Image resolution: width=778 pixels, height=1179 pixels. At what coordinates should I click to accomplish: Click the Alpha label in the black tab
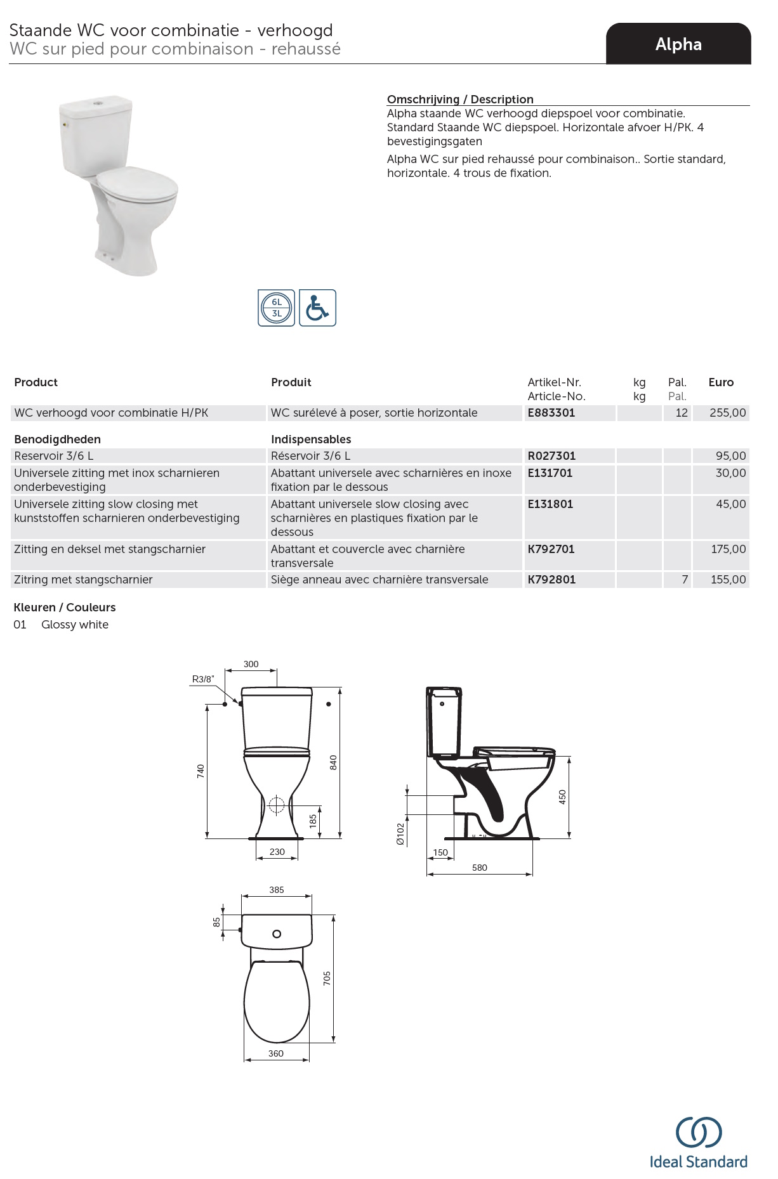pos(678,44)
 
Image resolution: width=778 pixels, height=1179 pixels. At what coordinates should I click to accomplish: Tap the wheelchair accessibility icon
pos(317,308)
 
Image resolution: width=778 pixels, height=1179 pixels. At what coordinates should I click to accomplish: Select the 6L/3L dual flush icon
pos(276,308)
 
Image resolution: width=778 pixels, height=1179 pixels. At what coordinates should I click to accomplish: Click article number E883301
pos(551,413)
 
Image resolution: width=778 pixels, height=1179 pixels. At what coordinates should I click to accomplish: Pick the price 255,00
pos(728,413)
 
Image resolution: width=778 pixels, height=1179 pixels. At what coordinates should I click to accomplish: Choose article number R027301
pos(551,456)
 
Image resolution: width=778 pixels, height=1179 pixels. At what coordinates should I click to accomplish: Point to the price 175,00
pos(729,549)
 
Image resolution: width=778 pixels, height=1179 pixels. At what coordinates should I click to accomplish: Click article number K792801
pos(551,580)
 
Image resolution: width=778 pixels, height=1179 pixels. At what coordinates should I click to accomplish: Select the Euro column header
pos(721,382)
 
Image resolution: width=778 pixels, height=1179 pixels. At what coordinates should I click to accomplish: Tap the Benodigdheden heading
pos(57,440)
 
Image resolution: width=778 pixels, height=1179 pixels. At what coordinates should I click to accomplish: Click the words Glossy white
pos(75,625)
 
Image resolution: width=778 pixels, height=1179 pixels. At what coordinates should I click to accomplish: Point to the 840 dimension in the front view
pos(333,762)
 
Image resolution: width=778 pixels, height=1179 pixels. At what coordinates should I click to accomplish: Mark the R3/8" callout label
pos(203,679)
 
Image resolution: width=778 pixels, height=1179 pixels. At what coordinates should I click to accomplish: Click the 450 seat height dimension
pos(562,797)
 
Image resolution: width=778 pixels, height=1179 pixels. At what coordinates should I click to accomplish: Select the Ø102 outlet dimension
pos(400,834)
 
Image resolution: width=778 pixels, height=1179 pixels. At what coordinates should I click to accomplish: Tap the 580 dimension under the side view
pos(480,868)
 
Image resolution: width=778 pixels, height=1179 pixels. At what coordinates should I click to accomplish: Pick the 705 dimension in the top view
pos(327,978)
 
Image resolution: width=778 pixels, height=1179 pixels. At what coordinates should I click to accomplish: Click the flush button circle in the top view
pos(277,934)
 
